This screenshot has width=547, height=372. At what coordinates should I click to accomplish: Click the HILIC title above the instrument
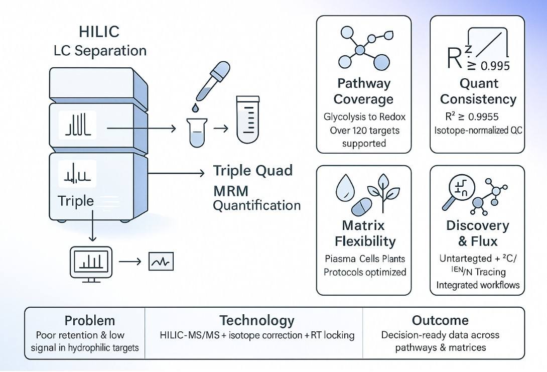pyautogui.click(x=99, y=32)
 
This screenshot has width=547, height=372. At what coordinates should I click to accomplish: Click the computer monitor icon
pyautogui.click(x=88, y=261)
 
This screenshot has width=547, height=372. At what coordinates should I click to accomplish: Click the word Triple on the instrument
pyautogui.click(x=76, y=201)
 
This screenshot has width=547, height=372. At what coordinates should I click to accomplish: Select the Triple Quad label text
pyautogui.click(x=253, y=170)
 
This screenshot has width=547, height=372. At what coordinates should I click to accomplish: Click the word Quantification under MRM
pyautogui.click(x=257, y=205)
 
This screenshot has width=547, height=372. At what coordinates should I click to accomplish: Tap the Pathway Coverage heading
pyautogui.click(x=364, y=90)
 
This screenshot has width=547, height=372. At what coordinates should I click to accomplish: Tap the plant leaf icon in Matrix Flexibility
pyautogui.click(x=386, y=191)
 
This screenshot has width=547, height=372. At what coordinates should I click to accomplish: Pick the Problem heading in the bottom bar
pyautogui.click(x=90, y=320)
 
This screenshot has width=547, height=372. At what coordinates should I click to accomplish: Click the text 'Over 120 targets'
pyautogui.click(x=364, y=130)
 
